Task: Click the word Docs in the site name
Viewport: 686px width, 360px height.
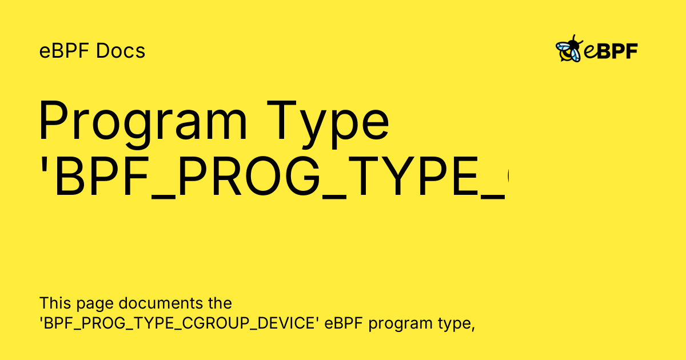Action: (x=121, y=51)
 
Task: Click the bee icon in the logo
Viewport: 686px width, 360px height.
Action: (x=568, y=50)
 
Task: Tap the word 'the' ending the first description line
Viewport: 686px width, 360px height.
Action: (x=220, y=302)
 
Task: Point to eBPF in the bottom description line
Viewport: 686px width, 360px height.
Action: (x=345, y=323)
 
